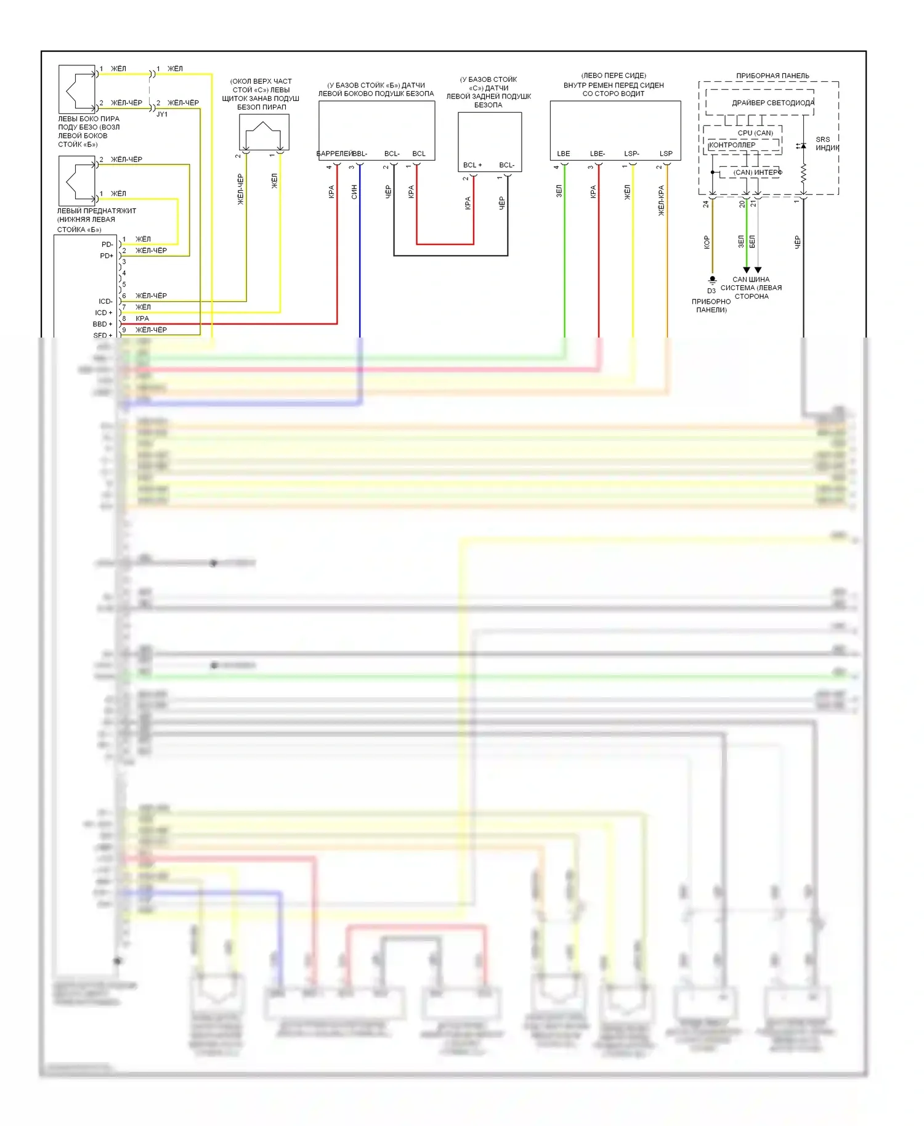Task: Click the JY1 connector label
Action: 162,115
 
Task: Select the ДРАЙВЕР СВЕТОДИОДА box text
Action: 772,103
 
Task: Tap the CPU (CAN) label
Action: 755,133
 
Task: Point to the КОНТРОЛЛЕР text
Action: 732,145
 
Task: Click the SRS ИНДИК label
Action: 827,144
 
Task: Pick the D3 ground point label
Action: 711,291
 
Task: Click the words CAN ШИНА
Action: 751,280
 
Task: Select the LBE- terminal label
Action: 598,154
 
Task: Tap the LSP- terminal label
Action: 631,154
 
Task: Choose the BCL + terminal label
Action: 472,165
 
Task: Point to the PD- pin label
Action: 107,245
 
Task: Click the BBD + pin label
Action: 103,324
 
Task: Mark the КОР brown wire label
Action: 707,242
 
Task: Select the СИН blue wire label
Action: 354,192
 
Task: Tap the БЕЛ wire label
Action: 752,241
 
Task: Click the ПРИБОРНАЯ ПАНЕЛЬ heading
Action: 772,76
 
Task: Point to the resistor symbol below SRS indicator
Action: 803,173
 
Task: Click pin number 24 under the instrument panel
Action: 706,204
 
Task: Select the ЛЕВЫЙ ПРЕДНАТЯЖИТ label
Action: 97,211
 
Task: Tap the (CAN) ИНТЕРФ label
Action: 757,172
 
